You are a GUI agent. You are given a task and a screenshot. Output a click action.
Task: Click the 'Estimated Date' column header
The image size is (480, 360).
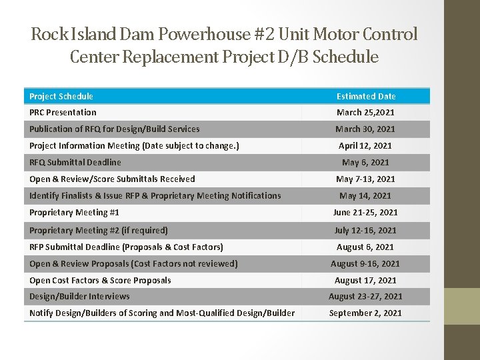pyautogui.click(x=365, y=96)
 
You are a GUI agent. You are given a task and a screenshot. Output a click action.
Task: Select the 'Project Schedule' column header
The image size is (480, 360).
pyautogui.click(x=61, y=96)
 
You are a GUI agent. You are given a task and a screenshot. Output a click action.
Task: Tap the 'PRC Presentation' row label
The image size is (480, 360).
pyautogui.click(x=63, y=112)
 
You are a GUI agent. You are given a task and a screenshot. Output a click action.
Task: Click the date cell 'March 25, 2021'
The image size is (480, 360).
pyautogui.click(x=365, y=112)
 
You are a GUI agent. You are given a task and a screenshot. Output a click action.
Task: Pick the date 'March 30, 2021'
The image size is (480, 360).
pyautogui.click(x=365, y=129)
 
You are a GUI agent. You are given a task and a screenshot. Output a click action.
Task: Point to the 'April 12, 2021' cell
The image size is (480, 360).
pyautogui.click(x=365, y=145)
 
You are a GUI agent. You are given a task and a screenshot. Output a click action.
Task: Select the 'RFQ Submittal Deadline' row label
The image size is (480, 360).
pyautogui.click(x=75, y=162)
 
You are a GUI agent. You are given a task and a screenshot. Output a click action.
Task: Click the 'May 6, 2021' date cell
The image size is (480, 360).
pyautogui.click(x=365, y=162)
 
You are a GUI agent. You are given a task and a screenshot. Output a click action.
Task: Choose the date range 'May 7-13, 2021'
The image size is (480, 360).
pyautogui.click(x=365, y=179)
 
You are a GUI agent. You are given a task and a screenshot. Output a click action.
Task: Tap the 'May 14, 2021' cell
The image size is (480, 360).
pyautogui.click(x=365, y=195)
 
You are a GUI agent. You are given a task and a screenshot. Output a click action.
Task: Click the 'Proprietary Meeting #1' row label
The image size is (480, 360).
pyautogui.click(x=74, y=212)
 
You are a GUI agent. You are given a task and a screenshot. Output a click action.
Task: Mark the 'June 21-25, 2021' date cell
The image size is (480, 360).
pyautogui.click(x=365, y=212)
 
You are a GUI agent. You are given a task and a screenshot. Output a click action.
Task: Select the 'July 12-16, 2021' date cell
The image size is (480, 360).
pyautogui.click(x=365, y=230)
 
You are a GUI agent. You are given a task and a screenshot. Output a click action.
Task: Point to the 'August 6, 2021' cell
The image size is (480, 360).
pyautogui.click(x=365, y=247)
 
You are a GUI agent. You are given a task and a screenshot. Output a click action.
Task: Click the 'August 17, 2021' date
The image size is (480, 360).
pyautogui.click(x=365, y=280)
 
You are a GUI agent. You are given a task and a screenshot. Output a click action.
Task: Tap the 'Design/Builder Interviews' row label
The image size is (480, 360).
pyautogui.click(x=79, y=296)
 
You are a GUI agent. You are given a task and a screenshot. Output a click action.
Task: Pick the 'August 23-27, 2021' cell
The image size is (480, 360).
pyautogui.click(x=365, y=296)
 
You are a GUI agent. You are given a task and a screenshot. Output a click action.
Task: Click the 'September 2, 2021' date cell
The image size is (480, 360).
pyautogui.click(x=365, y=313)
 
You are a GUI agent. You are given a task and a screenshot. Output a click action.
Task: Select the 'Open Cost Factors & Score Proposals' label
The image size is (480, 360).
pyautogui.click(x=100, y=280)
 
